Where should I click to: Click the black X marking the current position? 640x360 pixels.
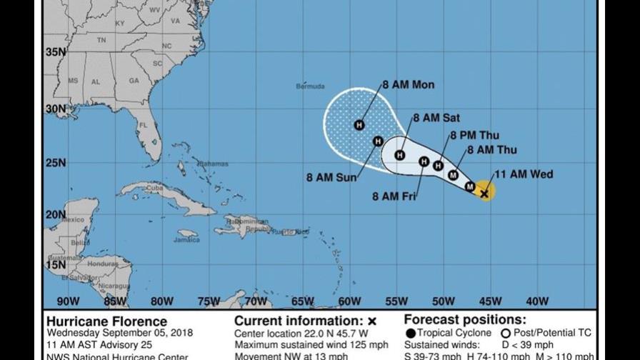[x=484, y=192]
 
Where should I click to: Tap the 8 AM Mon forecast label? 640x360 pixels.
[x=408, y=85]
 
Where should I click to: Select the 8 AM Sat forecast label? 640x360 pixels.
[x=436, y=118]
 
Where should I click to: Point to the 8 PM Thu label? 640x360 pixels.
[x=474, y=135]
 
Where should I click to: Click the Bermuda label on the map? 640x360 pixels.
[x=310, y=86]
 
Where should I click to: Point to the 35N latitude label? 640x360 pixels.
[x=56, y=52]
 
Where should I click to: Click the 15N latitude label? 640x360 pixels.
[x=56, y=264]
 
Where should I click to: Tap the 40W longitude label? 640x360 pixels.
[x=536, y=301]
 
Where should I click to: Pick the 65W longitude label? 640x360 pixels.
[x=303, y=301]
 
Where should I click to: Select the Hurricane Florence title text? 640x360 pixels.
[x=106, y=321]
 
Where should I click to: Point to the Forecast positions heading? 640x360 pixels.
[x=464, y=320]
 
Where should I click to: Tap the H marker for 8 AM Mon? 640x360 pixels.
[x=359, y=125]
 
